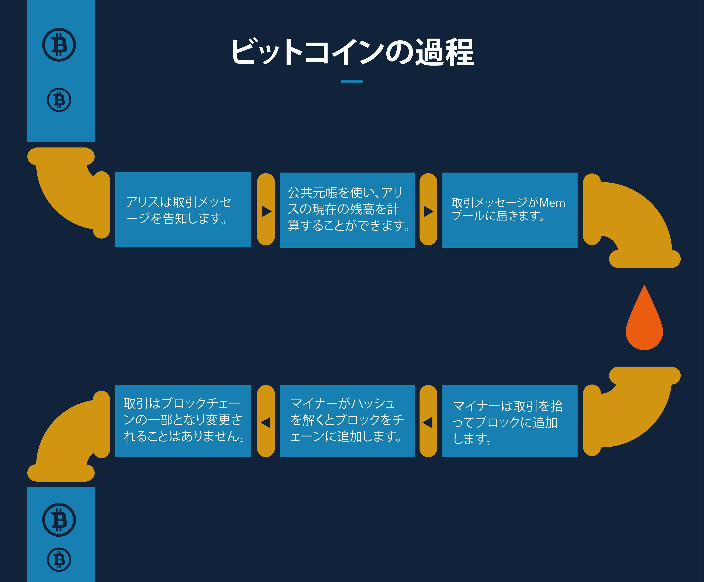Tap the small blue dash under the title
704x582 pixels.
352,81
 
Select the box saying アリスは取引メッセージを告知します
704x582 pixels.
183,210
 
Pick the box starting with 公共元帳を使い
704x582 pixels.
347,210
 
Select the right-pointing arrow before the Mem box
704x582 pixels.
429,211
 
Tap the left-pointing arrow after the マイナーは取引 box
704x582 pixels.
427,422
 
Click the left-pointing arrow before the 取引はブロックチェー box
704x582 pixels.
266,422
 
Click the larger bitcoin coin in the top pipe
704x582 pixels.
59,45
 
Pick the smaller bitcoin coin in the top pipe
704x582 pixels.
59,100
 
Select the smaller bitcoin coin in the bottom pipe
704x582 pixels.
59,560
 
